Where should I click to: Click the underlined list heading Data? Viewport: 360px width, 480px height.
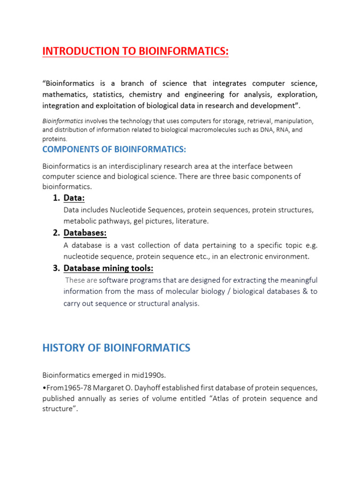pyautogui.click(x=74, y=198)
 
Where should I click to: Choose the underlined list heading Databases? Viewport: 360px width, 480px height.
pyautogui.click(x=85, y=233)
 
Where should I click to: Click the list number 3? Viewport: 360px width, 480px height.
pyautogui.click(x=56, y=268)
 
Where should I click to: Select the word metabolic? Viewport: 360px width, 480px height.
pyautogui.click(x=79, y=221)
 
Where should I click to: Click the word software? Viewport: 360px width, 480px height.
pyautogui.click(x=114, y=280)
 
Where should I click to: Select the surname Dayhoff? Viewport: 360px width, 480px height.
pyautogui.click(x=167, y=387)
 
